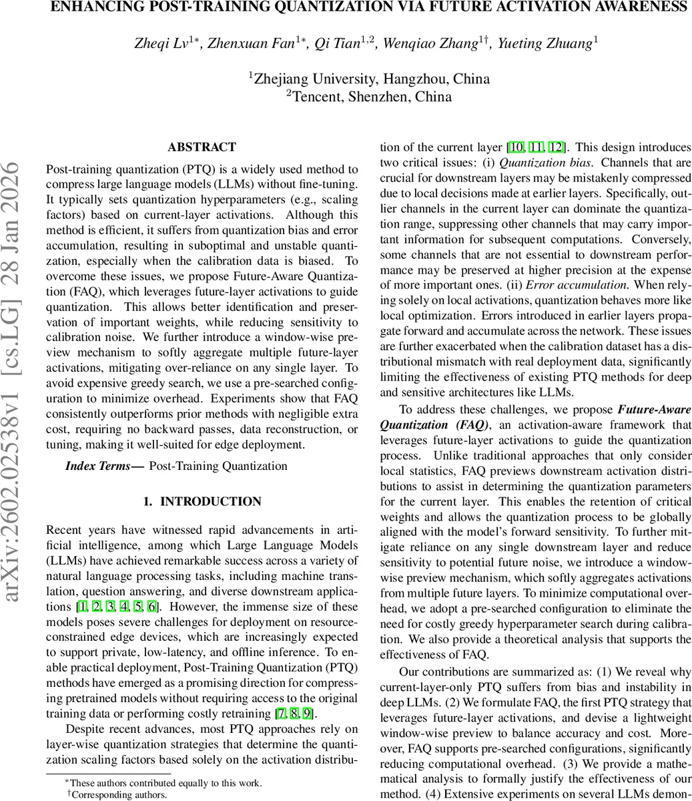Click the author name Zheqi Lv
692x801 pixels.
coord(161,44)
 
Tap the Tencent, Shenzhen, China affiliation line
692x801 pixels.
coord(369,97)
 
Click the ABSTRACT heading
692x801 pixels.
coord(202,148)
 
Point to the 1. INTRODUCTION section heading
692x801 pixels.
coord(202,501)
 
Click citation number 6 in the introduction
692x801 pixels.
coord(152,606)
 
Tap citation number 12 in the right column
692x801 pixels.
coord(557,148)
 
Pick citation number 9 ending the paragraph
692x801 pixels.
coord(307,714)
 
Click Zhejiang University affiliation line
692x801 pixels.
coord(369,79)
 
